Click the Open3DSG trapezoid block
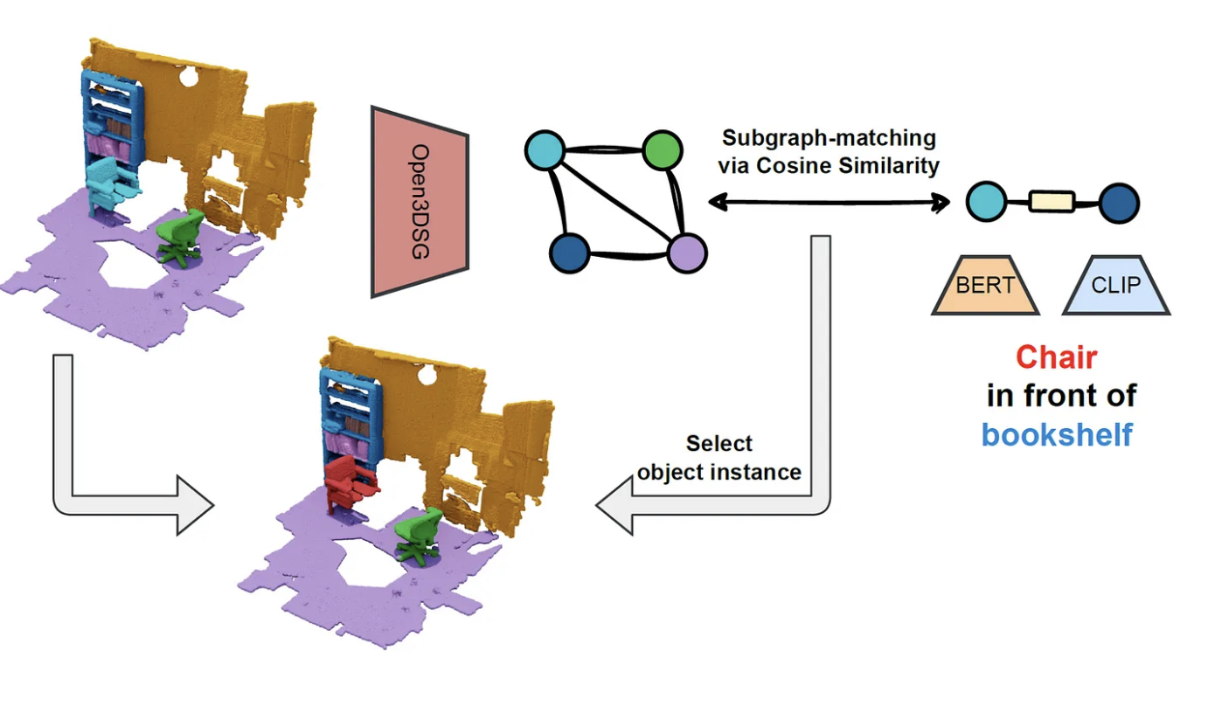420,202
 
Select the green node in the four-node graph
663,150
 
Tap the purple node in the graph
686,253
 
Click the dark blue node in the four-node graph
569,253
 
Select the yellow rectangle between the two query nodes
1052,203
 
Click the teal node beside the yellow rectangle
985,203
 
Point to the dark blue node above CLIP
1119,203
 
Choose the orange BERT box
985,286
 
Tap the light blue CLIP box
1116,286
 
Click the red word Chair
1056,356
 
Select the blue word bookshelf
1057,433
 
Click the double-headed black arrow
828,204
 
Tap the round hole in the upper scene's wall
188,78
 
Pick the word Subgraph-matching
829,138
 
